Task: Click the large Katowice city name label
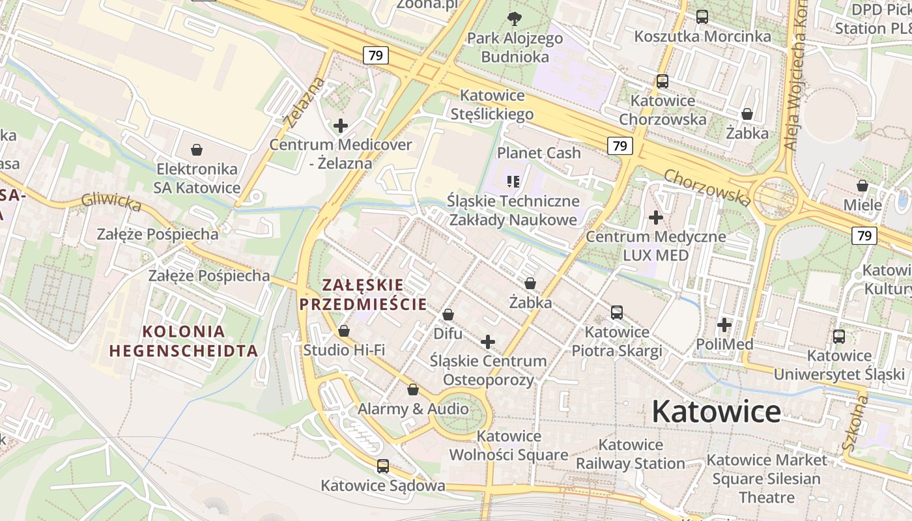pyautogui.click(x=716, y=412)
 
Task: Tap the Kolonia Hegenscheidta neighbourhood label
pyautogui.click(x=184, y=341)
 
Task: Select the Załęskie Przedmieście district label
pyautogui.click(x=362, y=294)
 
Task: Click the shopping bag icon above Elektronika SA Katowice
pyautogui.click(x=197, y=150)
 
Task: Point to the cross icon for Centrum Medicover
pyautogui.click(x=340, y=126)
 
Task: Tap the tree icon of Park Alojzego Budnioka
pyautogui.click(x=515, y=18)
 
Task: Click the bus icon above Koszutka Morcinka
pyautogui.click(x=702, y=17)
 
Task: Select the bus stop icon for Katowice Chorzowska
pyautogui.click(x=663, y=81)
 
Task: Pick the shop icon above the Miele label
pyautogui.click(x=862, y=186)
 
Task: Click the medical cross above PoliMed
pyautogui.click(x=724, y=324)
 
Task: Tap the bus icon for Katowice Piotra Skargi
pyautogui.click(x=617, y=313)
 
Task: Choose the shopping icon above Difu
pyautogui.click(x=448, y=315)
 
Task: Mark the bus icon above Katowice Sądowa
pyautogui.click(x=383, y=466)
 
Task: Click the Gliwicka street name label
pyautogui.click(x=111, y=203)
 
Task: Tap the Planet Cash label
pyautogui.click(x=539, y=153)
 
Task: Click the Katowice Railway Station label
pyautogui.click(x=631, y=454)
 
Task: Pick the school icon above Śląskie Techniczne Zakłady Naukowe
pyautogui.click(x=513, y=181)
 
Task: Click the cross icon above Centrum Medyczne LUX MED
pyautogui.click(x=656, y=218)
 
